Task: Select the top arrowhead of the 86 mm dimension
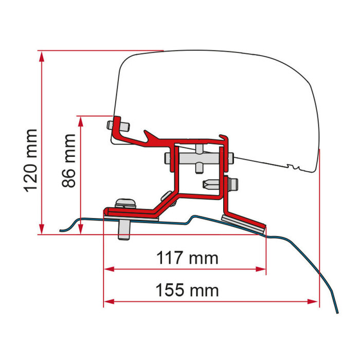(x=81, y=120)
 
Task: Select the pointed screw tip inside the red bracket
(x=208, y=184)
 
